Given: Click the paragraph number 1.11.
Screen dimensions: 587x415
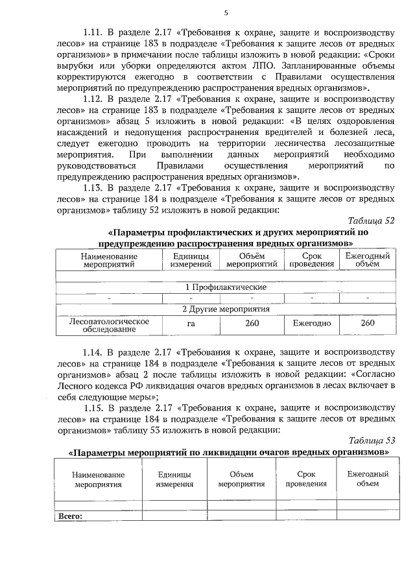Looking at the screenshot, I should click(95, 32).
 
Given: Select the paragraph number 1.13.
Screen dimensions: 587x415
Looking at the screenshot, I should click(95, 187).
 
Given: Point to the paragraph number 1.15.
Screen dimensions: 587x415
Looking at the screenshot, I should click(95, 407).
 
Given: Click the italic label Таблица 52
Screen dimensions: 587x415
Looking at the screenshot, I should click(371, 221).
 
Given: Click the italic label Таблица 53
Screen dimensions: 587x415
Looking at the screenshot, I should click(371, 440).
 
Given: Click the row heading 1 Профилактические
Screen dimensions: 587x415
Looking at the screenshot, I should click(225, 286).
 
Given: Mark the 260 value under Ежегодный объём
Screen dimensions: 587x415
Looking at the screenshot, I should click(367, 323).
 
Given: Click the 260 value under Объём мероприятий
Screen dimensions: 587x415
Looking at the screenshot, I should click(253, 323).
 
